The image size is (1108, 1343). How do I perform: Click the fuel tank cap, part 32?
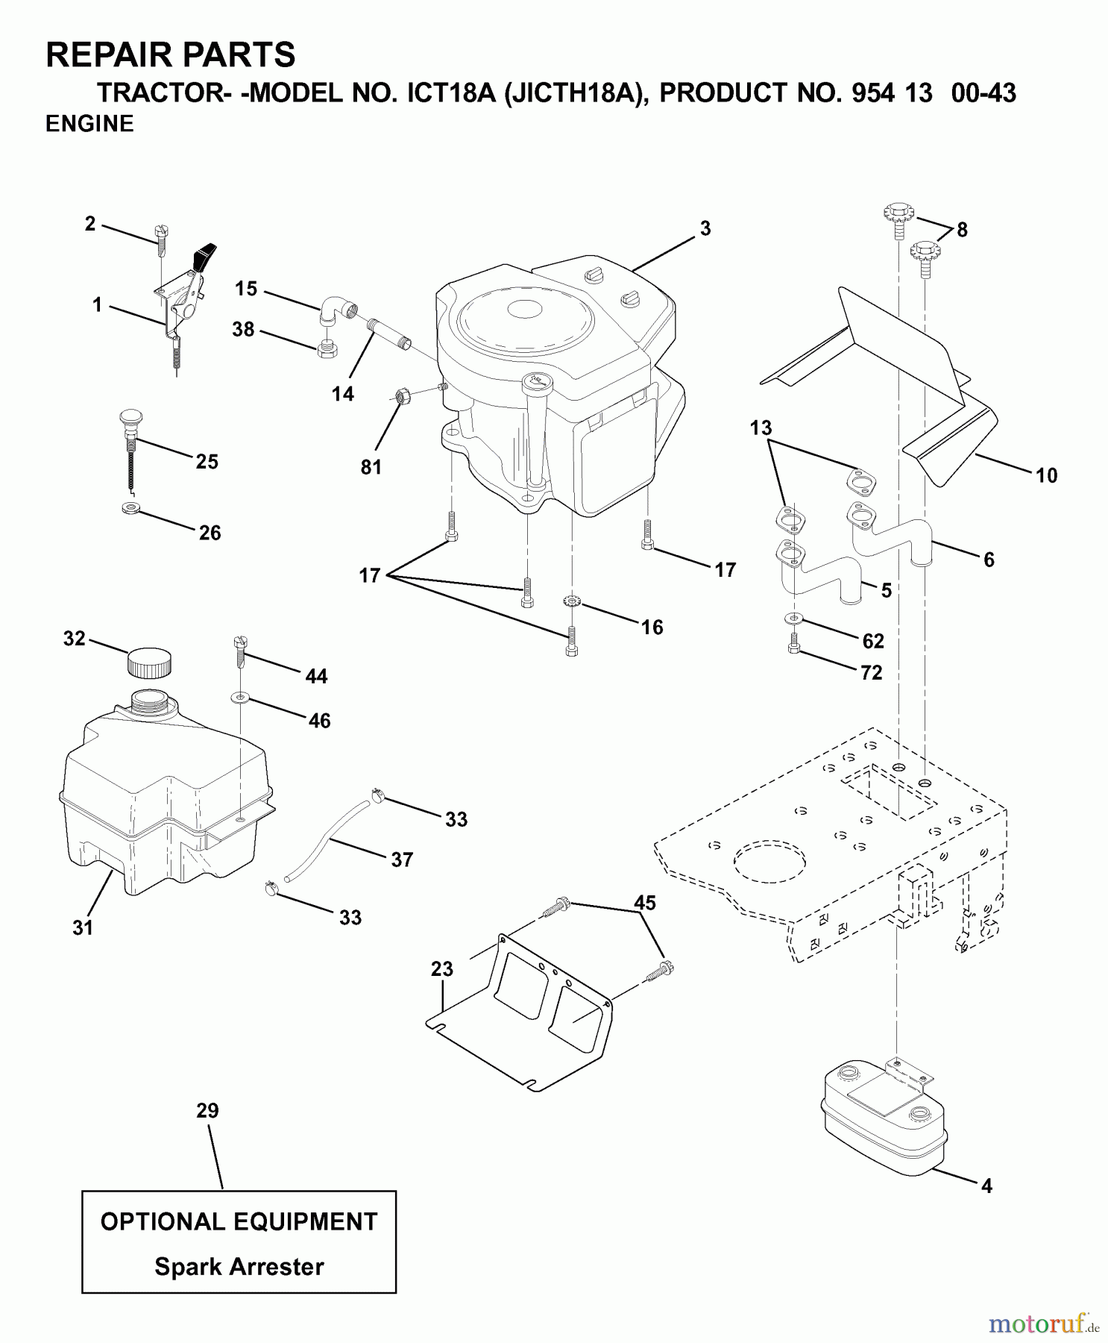tap(149, 662)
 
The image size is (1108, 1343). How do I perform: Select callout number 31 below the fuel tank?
tap(83, 927)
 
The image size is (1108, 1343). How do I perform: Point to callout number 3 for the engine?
tap(705, 229)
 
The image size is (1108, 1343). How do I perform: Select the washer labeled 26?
tap(130, 509)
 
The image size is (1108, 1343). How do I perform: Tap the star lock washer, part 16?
tap(572, 601)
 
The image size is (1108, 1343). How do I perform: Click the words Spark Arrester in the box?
tap(239, 1267)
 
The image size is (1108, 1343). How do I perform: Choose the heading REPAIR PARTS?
tap(171, 55)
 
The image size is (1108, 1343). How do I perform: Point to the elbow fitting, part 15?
tap(337, 309)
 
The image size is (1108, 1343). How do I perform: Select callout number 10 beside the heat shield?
tap(1046, 475)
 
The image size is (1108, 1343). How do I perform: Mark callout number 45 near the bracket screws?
tap(644, 903)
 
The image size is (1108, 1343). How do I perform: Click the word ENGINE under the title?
tap(89, 124)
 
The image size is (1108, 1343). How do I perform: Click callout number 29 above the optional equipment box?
tap(207, 1110)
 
